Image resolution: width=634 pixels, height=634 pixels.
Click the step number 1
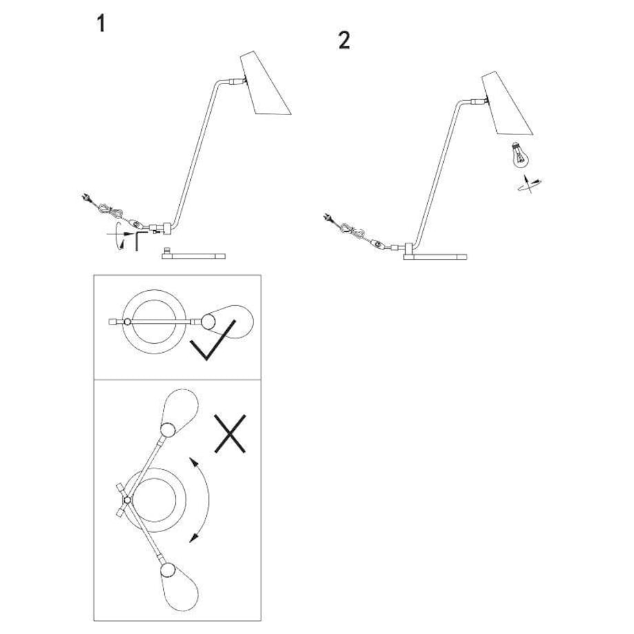click(x=102, y=24)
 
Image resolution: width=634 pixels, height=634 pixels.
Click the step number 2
click(x=344, y=41)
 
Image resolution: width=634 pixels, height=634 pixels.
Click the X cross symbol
click(x=230, y=433)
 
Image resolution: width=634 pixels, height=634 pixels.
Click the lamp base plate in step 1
click(x=194, y=256)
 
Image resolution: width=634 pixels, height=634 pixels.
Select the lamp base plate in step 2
click(x=435, y=256)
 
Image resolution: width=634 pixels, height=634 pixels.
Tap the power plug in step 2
click(x=327, y=220)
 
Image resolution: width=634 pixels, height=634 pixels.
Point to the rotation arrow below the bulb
click(x=529, y=185)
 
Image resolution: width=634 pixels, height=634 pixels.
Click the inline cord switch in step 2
click(x=377, y=243)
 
